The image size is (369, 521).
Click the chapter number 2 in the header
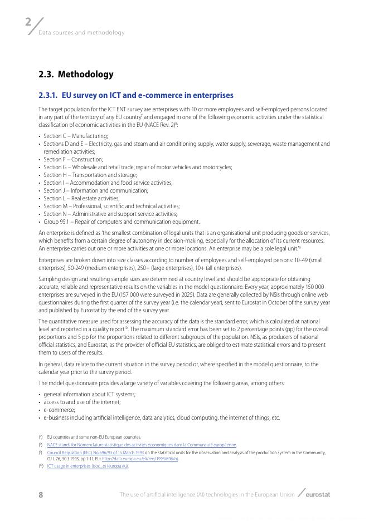[28, 22]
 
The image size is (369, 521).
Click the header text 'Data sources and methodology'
[81, 33]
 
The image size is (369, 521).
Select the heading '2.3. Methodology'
[76, 74]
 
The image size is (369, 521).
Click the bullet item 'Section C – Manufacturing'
[75, 136]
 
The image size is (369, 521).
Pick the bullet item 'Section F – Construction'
[73, 159]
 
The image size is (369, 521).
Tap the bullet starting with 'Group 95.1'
[121, 222]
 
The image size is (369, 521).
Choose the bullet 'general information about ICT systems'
[90, 394]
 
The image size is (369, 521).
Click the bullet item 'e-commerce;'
[59, 410]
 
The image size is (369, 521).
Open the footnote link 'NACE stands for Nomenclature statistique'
[142, 445]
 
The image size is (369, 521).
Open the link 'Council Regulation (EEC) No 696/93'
[95, 453]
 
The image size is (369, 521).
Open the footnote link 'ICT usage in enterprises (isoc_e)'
[87, 466]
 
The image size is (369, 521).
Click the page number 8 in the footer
[41, 495]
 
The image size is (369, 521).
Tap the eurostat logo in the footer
[315, 494]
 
